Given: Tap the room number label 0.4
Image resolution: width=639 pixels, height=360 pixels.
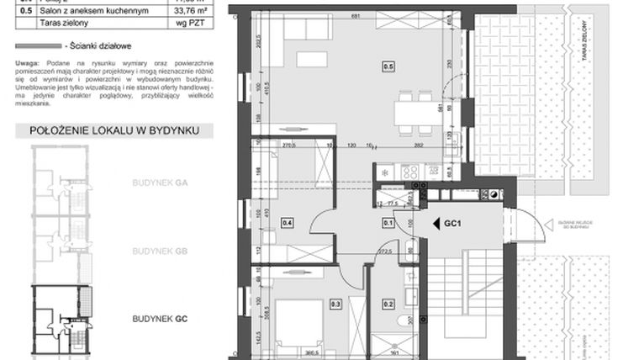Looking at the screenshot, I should [x=288, y=223].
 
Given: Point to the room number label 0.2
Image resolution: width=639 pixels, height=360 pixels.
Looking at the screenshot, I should [x=388, y=304].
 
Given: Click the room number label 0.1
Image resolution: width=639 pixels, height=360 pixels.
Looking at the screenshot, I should [x=388, y=223].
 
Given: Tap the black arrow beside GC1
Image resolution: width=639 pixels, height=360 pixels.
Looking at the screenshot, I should [x=436, y=224].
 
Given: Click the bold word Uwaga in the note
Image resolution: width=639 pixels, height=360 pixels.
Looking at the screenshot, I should [x=27, y=63].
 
